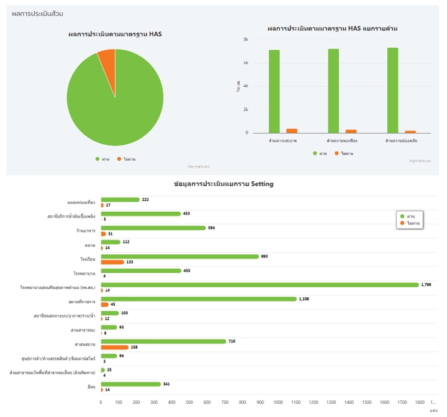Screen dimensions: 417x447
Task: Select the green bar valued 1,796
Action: click(259, 285)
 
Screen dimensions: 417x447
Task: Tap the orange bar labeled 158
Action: click(114, 347)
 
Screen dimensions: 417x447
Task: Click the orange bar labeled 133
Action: click(112, 261)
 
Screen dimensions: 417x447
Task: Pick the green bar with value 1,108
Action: click(198, 299)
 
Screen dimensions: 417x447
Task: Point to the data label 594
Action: click(211, 227)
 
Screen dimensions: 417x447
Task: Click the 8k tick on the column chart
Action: click(246, 39)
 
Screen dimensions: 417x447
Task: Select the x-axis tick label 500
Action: click(189, 403)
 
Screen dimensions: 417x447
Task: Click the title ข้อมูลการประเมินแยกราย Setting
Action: click(223, 184)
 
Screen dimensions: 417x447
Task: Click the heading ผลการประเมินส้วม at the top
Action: click(37, 13)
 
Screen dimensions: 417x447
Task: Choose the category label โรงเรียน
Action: click(88, 259)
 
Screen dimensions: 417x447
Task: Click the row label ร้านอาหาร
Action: click(85, 230)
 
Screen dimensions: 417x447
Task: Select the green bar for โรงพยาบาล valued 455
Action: click(140, 270)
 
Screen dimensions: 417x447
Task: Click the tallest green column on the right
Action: click(392, 90)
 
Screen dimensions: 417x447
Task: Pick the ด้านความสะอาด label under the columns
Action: click(283, 141)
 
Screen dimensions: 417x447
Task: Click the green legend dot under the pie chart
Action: click(97, 159)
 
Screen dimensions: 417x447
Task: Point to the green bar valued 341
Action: click(131, 384)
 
